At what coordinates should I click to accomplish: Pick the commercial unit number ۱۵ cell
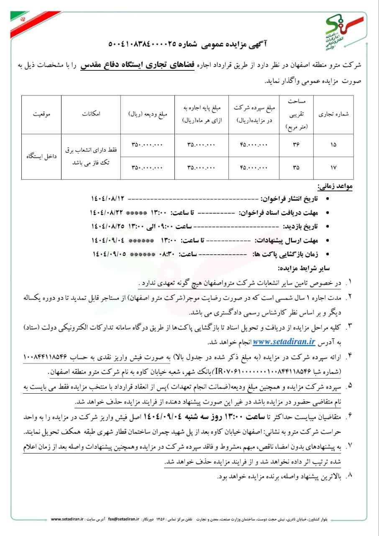(333, 144)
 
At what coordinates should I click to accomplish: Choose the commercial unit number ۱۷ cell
(333, 168)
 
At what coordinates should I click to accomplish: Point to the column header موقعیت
(42, 114)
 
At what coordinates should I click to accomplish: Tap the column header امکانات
(91, 114)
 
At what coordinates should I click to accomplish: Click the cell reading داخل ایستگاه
(41, 156)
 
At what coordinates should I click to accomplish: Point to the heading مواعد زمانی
(335, 186)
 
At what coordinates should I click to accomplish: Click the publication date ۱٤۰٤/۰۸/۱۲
(108, 198)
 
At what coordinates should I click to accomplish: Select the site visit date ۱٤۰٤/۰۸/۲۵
(108, 226)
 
